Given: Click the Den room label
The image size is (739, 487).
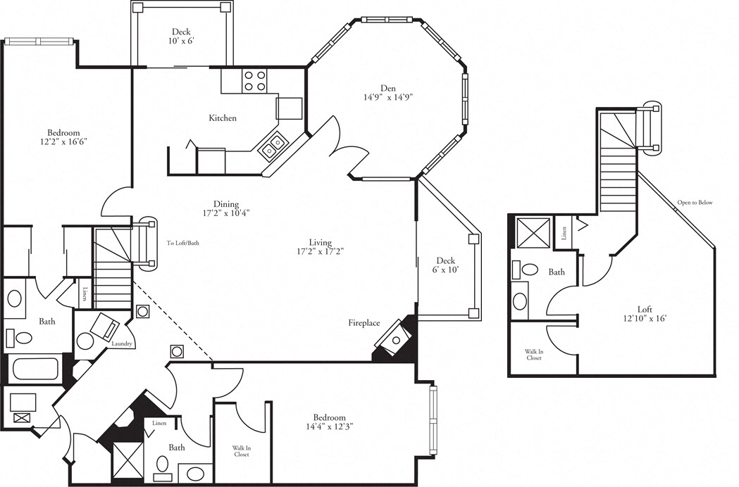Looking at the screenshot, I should [x=388, y=89].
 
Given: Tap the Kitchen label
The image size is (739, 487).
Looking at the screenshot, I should [x=223, y=118].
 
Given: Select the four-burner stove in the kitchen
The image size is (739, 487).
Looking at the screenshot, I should [x=255, y=81].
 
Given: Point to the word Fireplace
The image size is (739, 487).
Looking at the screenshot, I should [x=364, y=323].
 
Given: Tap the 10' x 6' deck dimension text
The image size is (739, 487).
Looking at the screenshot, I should [x=182, y=42].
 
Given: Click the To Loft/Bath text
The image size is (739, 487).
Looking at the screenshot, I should [x=182, y=243].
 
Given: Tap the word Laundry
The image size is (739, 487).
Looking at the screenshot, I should [x=122, y=344].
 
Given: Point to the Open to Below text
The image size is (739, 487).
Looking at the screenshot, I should [x=695, y=203].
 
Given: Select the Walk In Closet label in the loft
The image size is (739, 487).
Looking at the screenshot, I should [x=533, y=355].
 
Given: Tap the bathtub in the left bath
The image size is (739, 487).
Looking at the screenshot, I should [x=35, y=369].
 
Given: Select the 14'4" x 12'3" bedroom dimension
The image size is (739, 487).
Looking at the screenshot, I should [x=329, y=426].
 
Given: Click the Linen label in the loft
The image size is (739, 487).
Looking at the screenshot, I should [x=566, y=233].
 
